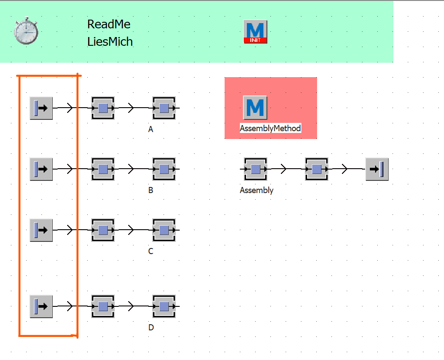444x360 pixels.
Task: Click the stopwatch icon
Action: point(26,31)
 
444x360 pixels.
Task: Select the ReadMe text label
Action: point(109,24)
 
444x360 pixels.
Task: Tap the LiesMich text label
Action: point(110,41)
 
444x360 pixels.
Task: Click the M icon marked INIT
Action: point(255,31)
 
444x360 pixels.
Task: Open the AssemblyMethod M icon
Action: point(255,108)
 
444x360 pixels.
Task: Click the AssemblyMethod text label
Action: point(270,129)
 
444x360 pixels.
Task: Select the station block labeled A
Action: point(164,108)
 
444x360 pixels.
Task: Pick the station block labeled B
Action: point(164,169)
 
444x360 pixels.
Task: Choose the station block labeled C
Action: point(164,230)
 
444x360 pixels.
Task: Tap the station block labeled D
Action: point(164,306)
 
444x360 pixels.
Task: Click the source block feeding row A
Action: point(41,108)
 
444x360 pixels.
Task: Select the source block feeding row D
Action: point(41,306)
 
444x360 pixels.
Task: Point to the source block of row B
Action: point(41,169)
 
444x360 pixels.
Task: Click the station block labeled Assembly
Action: point(256,169)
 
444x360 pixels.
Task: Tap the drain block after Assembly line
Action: point(377,169)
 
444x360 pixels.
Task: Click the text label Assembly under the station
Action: point(256,190)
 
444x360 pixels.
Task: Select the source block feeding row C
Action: point(41,230)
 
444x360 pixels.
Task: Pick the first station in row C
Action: point(103,230)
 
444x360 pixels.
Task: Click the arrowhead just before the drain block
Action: point(345,169)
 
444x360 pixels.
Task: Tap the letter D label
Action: point(151,327)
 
